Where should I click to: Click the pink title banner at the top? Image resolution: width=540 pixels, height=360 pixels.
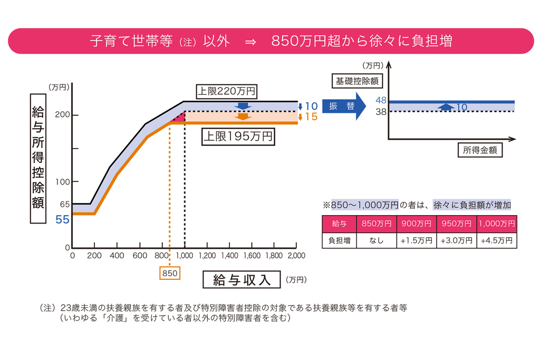[270, 41]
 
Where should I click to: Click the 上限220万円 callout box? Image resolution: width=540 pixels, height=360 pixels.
[226, 91]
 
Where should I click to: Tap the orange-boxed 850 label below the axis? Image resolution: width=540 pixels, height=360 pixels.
[170, 273]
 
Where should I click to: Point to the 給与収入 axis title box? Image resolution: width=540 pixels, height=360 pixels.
[242, 280]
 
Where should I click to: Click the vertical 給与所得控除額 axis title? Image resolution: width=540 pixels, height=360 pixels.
[38, 157]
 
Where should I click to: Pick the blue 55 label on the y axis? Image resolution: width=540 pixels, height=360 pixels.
[63, 219]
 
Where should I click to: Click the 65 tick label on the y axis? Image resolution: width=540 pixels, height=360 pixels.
[64, 204]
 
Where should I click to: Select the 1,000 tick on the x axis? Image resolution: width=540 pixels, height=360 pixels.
[184, 256]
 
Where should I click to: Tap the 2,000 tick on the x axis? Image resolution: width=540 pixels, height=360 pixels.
[296, 256]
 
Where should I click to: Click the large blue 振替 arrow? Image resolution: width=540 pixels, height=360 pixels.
[343, 105]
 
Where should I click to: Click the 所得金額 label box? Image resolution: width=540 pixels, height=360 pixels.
[479, 150]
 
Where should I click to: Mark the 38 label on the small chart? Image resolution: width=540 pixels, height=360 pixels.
[382, 111]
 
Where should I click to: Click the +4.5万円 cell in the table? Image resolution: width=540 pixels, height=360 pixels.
[497, 240]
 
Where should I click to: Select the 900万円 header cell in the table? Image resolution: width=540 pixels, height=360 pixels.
[417, 223]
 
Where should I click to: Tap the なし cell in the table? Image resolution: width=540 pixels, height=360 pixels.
[377, 240]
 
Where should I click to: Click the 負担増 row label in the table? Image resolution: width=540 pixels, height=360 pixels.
[339, 240]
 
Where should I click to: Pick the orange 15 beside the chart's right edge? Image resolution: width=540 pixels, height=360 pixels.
[311, 117]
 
